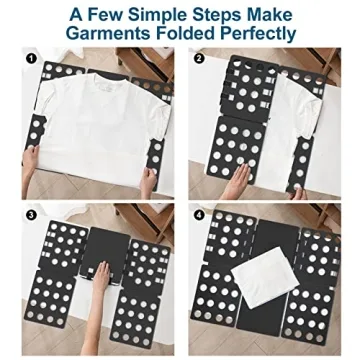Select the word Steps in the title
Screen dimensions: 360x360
(235, 13)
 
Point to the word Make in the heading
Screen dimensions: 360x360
(291, 13)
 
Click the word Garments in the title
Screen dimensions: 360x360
(108, 34)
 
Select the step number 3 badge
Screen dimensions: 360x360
(32, 213)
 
